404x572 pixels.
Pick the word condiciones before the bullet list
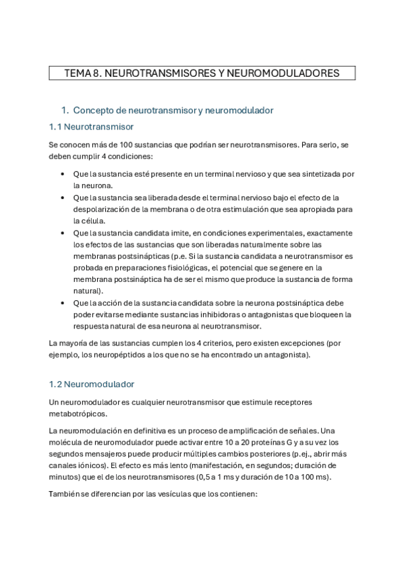[131, 156]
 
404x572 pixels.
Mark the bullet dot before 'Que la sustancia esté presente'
[63, 174]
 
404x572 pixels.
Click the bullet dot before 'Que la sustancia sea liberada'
[63, 198]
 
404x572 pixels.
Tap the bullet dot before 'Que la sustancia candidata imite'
[63, 233]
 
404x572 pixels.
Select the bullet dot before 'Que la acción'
[63, 303]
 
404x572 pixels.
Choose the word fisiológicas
[176, 268]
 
